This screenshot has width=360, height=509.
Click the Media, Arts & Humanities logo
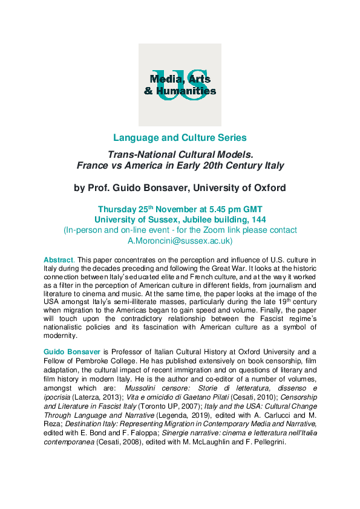(x=180, y=85)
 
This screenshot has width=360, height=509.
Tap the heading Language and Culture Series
(x=180, y=138)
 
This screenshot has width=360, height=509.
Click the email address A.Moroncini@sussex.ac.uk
(x=180, y=240)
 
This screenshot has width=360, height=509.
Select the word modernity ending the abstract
(x=61, y=335)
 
